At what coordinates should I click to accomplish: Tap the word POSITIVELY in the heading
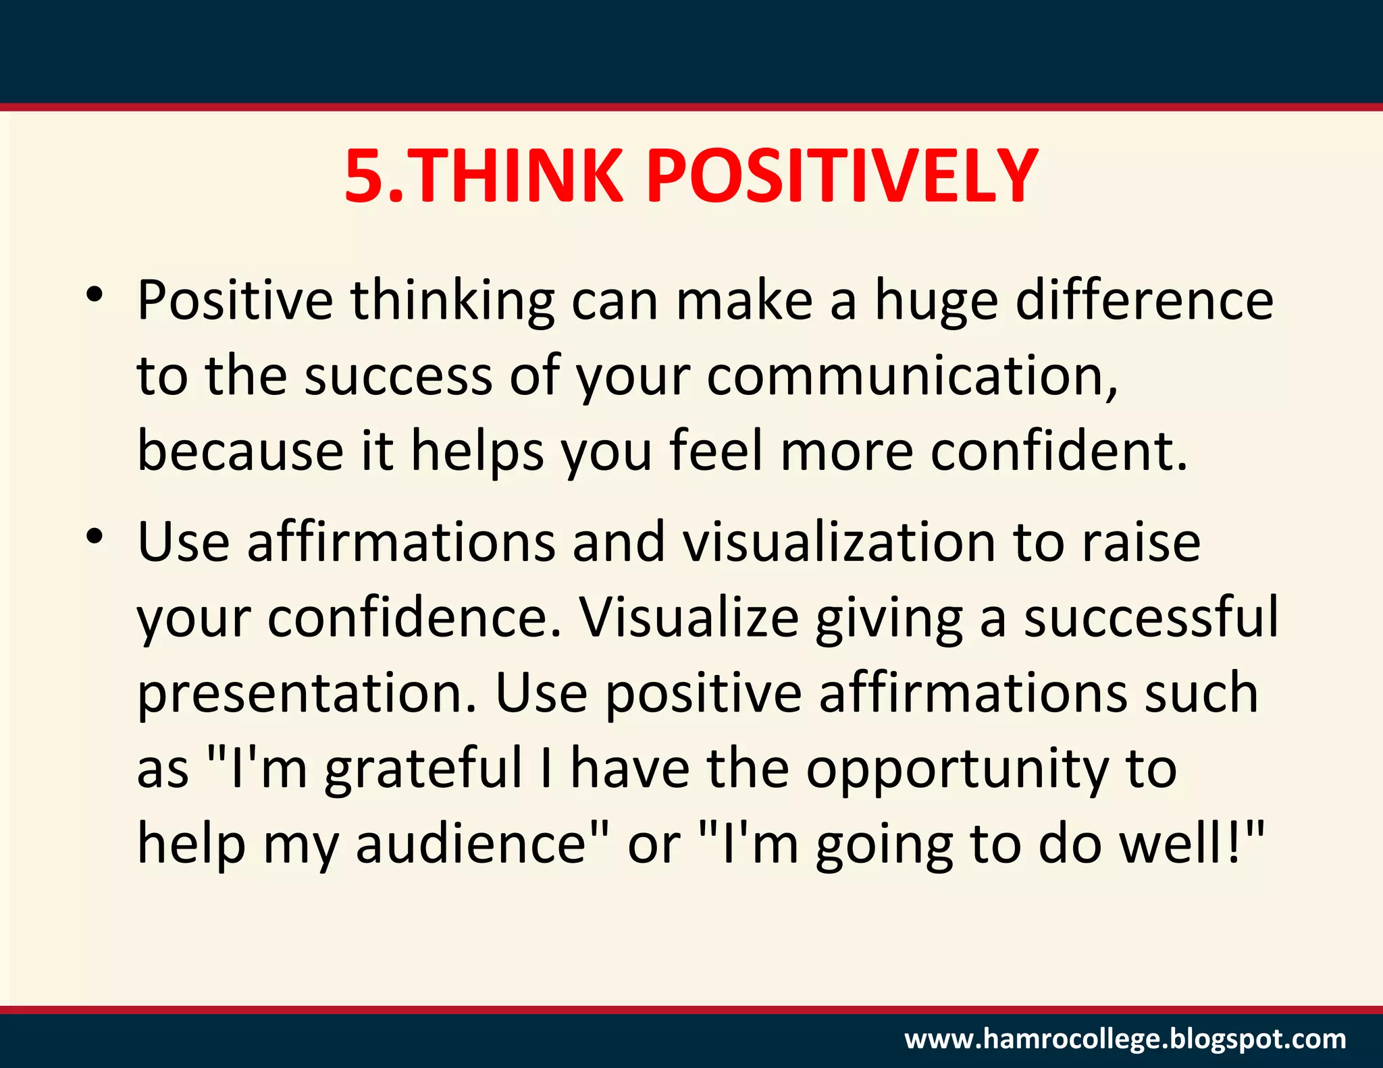(x=842, y=177)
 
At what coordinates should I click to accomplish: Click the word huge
(x=936, y=302)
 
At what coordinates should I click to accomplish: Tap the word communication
(x=912, y=376)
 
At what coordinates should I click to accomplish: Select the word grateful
(x=424, y=770)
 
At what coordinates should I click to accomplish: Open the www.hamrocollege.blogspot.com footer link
(x=1125, y=1038)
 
